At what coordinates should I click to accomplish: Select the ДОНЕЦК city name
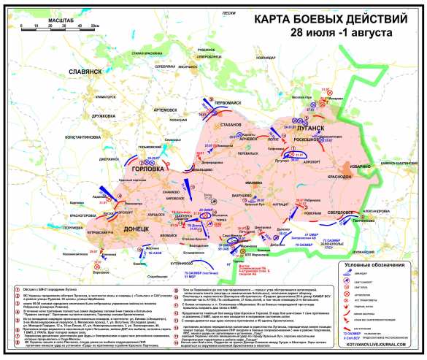[132, 209]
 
